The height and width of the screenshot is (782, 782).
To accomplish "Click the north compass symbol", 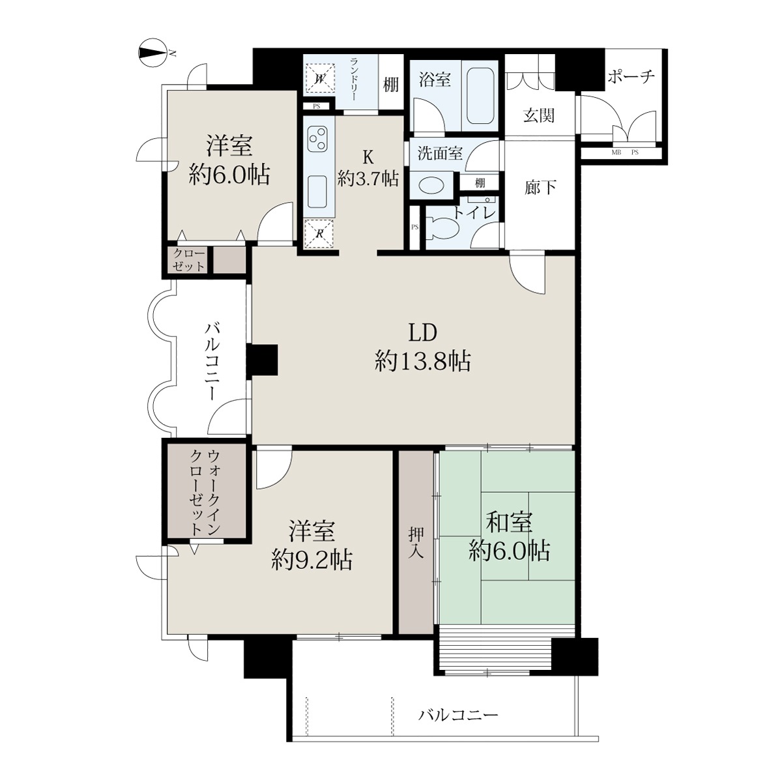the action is [x=154, y=53].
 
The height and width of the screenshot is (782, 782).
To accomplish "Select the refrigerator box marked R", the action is [x=319, y=233].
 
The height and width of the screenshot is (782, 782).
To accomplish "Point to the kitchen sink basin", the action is [x=318, y=192].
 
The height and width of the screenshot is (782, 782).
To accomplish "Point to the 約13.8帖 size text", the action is [x=422, y=361].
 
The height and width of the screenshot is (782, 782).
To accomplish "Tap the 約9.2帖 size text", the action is [x=311, y=560].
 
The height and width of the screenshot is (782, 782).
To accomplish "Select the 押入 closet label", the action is [x=416, y=543].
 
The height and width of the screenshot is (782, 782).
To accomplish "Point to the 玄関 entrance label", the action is [x=538, y=116].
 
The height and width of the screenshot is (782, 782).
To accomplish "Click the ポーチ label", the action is [x=631, y=76].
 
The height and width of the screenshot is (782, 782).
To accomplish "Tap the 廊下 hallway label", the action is [x=540, y=188].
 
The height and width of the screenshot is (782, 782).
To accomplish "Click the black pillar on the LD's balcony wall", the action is [x=262, y=360].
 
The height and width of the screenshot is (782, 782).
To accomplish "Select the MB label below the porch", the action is [x=615, y=152].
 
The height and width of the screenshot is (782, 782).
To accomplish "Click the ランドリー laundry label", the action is [x=353, y=79].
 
